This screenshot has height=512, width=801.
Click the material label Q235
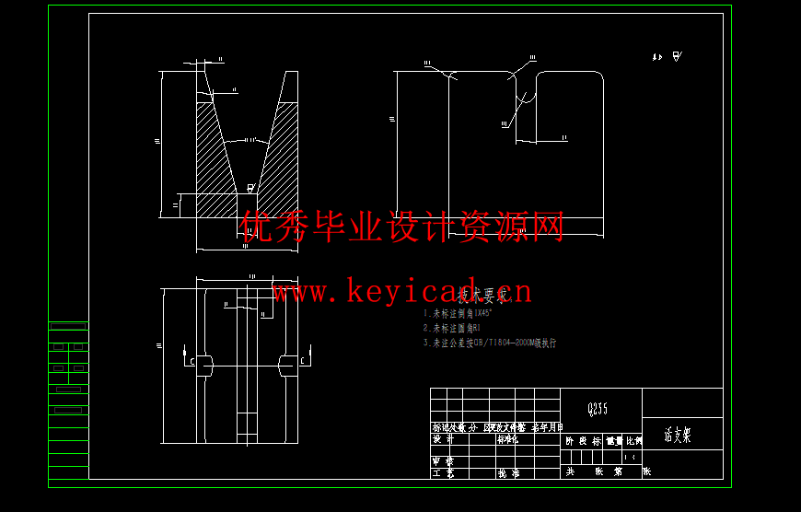coord(598,408)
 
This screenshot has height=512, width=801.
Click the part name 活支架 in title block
coord(678,436)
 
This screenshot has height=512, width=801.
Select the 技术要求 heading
coord(484,297)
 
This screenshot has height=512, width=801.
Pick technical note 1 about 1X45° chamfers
coord(470,313)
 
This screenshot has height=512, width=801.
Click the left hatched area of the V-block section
coord(214,157)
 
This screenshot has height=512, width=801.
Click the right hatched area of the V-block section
coord(282,157)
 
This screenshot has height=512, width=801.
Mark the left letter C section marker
coord(191,361)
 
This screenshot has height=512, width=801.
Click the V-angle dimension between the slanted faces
coord(250,140)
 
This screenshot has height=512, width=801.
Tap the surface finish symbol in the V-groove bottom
coord(250,188)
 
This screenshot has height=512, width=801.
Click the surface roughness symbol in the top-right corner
coord(677,57)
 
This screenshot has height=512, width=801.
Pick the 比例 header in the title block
coord(633,441)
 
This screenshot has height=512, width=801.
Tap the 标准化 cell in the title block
coord(508,439)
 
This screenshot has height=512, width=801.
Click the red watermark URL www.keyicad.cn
coord(401,293)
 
